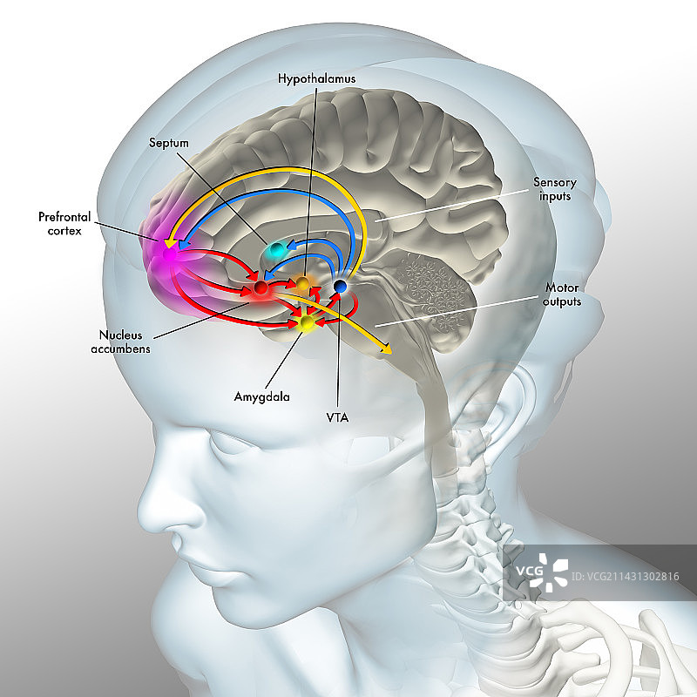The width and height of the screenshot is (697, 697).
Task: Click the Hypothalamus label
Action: coord(316,78)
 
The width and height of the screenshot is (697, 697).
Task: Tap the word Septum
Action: coord(168,143)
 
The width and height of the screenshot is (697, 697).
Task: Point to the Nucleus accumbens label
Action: coord(125,342)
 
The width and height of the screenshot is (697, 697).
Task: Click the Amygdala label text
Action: coord(261,396)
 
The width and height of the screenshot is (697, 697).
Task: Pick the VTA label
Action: coord(337,417)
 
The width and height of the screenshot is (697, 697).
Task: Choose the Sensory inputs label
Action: coord(554,189)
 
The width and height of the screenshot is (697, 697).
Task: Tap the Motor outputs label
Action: coord(562,294)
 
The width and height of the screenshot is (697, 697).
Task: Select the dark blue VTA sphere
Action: coord(341,286)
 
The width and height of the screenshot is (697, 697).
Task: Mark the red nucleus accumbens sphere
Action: coord(260,288)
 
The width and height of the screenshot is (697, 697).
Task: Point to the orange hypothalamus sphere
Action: coord(301,283)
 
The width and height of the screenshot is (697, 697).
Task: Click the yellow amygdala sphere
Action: coord(306,324)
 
